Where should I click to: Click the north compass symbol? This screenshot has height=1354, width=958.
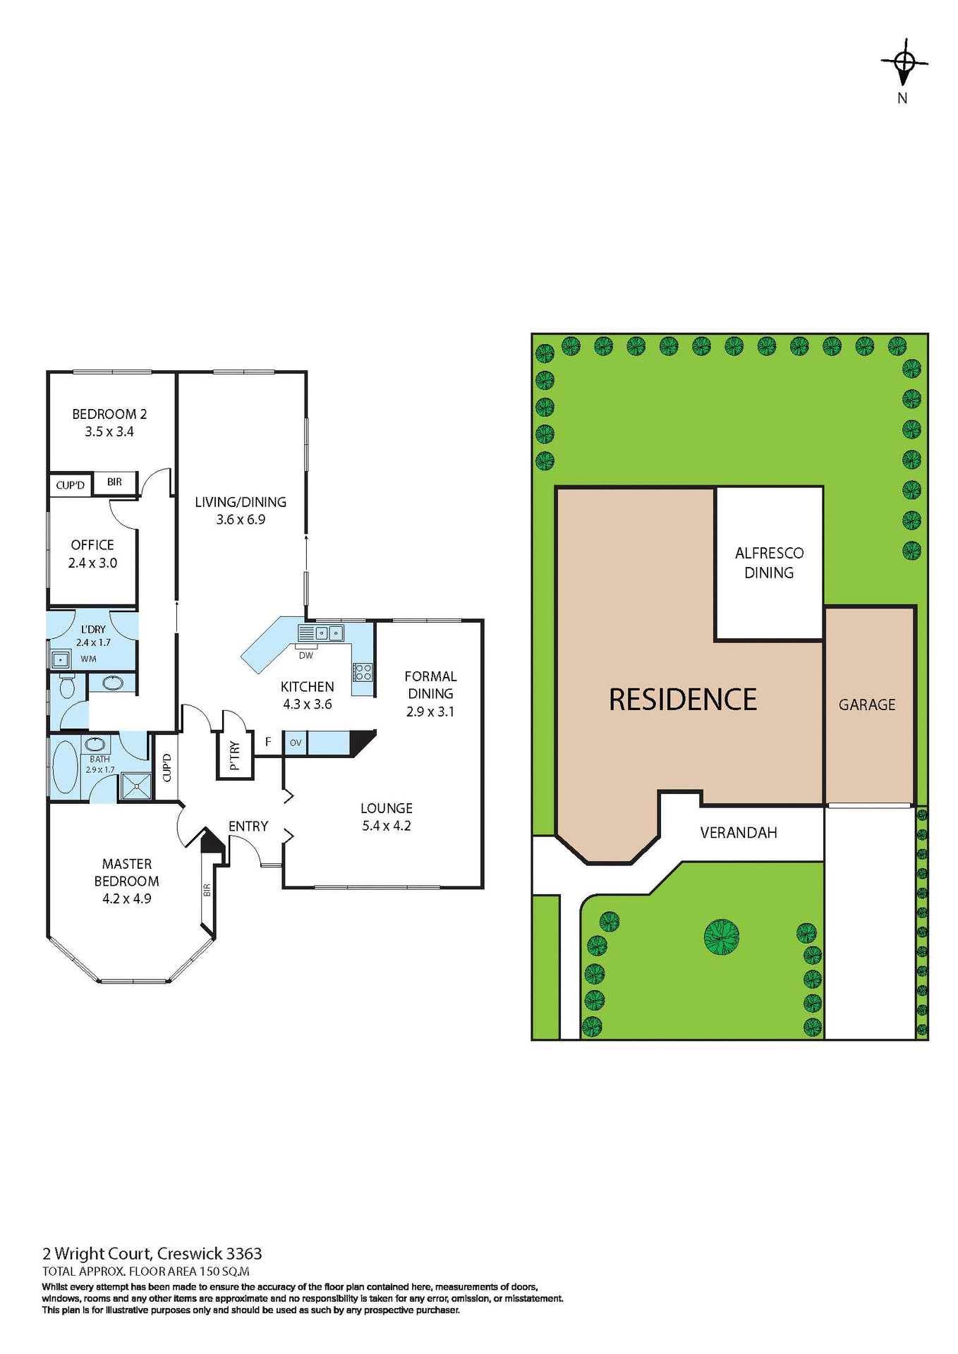tap(904, 63)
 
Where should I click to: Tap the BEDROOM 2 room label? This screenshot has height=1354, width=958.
tap(109, 414)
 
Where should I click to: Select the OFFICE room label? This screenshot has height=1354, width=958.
tap(92, 545)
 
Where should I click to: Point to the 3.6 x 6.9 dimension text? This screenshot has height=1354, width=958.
tap(241, 520)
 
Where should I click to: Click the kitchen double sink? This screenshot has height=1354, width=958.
tap(328, 633)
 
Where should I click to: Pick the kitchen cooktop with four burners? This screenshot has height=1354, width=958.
tap(363, 671)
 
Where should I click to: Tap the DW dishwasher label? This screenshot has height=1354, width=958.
tap(305, 656)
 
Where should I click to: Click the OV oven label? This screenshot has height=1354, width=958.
tap(296, 743)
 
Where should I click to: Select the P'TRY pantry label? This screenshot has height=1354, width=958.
tap(235, 755)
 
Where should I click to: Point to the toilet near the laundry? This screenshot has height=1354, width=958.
tap(67, 686)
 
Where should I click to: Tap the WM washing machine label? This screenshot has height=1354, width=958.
tap(88, 659)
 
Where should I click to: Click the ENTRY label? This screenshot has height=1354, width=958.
tap(248, 826)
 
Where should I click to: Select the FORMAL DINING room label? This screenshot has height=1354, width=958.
tap(430, 685)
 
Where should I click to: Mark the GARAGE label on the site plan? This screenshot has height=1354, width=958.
tap(867, 705)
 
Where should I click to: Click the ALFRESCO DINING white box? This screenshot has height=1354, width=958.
tap(769, 563)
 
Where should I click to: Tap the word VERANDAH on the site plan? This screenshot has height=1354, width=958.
tap(739, 833)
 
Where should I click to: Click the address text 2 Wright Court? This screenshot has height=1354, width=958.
tap(97, 1253)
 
